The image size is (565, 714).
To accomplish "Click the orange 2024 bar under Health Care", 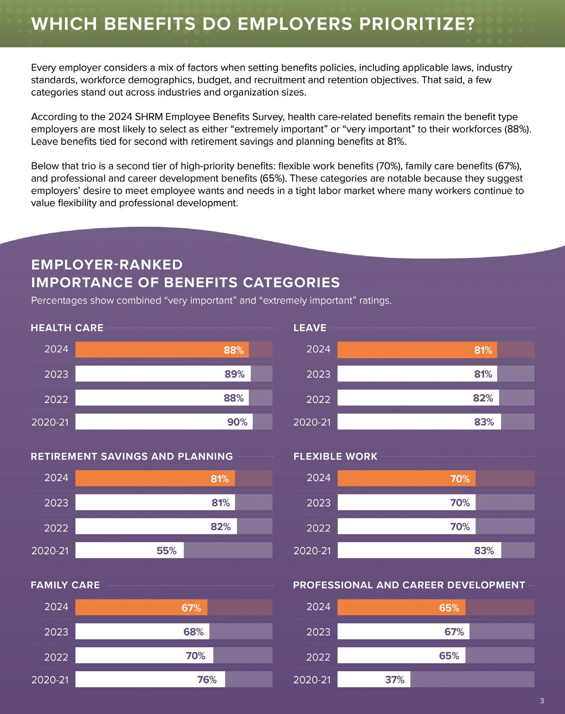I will tap(162, 350).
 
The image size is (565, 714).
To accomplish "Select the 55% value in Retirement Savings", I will tap(166, 551).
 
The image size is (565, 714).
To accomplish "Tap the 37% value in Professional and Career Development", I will tap(395, 679).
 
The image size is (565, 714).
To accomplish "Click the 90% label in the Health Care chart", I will tap(237, 422).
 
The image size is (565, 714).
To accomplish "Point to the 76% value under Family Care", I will tap(207, 679).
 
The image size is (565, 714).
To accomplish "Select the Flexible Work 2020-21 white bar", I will tap(419, 551).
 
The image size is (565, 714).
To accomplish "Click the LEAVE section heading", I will tap(310, 328).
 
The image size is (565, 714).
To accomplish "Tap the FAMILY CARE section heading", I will tap(65, 585).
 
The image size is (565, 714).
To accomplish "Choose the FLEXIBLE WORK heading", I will tap(335, 457).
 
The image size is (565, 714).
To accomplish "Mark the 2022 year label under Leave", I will tap(318, 399).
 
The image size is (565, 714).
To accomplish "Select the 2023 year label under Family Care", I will tap(56, 632).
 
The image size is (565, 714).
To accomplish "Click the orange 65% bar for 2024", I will tap(401, 608).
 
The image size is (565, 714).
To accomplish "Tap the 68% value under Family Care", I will tap(193, 632).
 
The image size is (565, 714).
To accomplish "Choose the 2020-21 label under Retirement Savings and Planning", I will tap(50, 551).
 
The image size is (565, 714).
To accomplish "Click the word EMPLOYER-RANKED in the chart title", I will tap(107, 265).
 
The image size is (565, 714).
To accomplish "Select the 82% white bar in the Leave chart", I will tap(418, 398).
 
